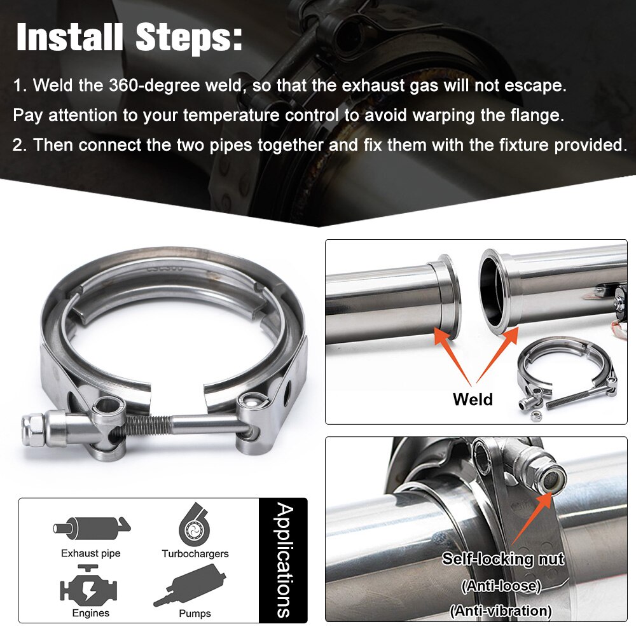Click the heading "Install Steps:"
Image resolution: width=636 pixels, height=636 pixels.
point(129,38)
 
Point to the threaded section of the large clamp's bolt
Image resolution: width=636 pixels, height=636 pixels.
point(144,422)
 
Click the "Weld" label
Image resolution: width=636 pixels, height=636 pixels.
point(473,399)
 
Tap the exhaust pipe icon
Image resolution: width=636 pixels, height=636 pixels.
point(90,527)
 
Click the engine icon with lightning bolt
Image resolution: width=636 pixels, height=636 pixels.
point(90,586)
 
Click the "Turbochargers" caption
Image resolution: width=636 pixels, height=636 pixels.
point(195,554)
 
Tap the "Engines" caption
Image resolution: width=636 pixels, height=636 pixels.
point(90,613)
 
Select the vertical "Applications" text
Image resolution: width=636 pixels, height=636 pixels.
point(284,560)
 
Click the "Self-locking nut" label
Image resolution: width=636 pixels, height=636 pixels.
point(503,559)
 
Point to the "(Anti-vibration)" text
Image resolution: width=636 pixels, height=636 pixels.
point(501,611)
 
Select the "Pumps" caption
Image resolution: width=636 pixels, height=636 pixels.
point(195,613)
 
